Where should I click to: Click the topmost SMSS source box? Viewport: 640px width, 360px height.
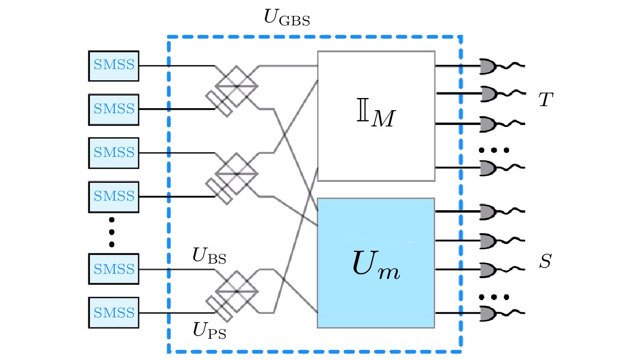(114, 66)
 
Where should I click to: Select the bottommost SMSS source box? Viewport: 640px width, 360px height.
(114, 312)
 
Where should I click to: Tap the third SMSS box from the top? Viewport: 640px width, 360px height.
(114, 152)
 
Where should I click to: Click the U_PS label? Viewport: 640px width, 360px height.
(209, 331)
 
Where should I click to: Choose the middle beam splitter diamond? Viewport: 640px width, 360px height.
(237, 174)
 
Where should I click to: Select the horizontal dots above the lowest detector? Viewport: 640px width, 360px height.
(494, 297)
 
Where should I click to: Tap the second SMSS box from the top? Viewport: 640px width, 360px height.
(114, 109)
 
